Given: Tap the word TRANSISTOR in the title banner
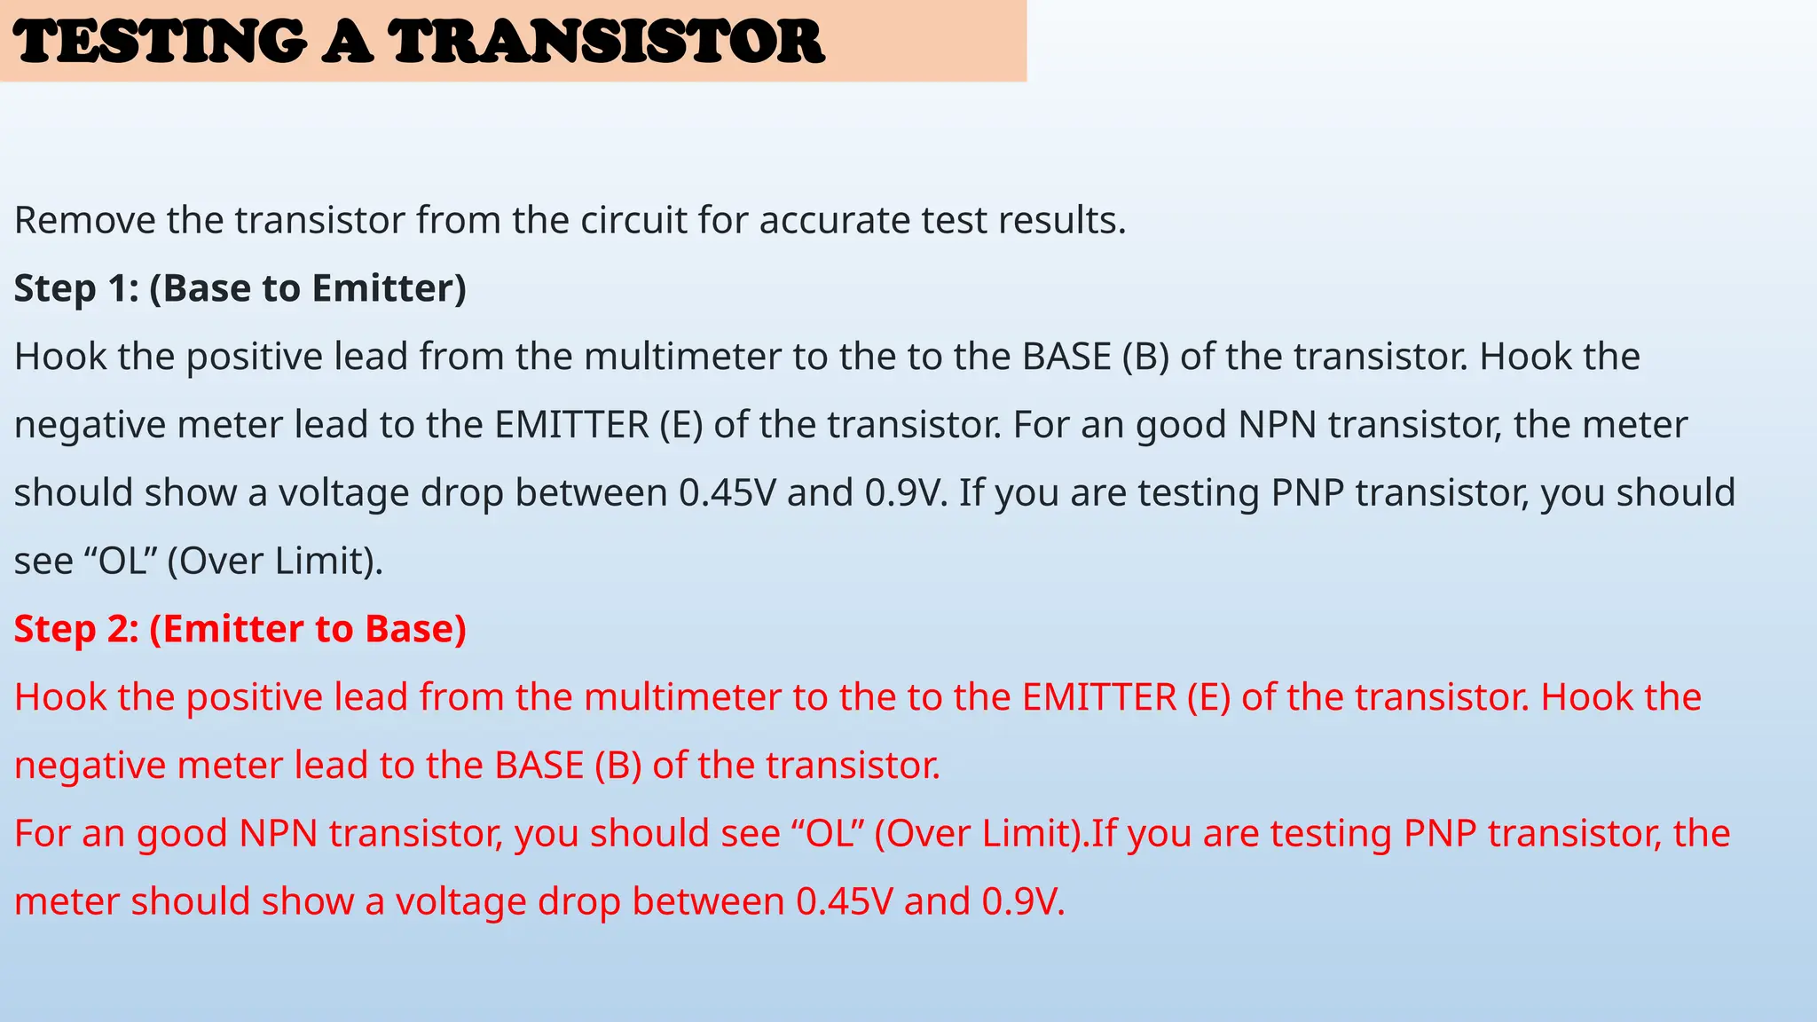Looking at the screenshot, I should click(607, 42).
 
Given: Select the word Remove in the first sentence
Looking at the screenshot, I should click(84, 220).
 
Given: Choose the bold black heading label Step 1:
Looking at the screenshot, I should click(76, 288).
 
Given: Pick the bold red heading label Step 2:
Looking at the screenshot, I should click(76, 629).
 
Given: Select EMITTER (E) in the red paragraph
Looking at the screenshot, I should click(1127, 697).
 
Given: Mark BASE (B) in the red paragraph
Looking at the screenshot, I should click(568, 766).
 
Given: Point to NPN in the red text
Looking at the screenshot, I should click(279, 834).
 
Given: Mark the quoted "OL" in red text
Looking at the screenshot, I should click(828, 834).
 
